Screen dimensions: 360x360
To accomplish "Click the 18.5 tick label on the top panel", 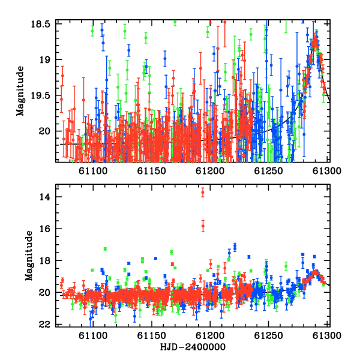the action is (40, 24).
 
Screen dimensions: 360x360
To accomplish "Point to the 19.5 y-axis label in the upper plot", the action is (40, 95).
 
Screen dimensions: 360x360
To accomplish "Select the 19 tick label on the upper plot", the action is (44, 59).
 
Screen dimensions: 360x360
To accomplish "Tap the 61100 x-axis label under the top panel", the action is (93, 171).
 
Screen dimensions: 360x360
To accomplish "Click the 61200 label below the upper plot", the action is (210, 171).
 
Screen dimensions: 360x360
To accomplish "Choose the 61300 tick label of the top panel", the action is (327, 171).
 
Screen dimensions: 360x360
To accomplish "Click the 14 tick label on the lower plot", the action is (44, 197).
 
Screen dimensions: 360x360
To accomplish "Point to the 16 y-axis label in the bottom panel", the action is (44, 229).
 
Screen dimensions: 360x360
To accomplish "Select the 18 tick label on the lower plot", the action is (44, 261).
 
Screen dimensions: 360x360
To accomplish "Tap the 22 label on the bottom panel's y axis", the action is (44, 325).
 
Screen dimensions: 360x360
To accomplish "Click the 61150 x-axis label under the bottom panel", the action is (152, 335).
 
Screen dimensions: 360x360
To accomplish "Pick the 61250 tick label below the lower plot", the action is (268, 335).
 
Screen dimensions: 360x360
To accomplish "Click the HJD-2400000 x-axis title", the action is (193, 347).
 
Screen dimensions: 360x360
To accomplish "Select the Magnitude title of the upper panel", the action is (20, 91).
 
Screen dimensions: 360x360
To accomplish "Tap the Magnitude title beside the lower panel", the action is (29, 256).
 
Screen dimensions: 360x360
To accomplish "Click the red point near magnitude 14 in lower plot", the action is (203, 193).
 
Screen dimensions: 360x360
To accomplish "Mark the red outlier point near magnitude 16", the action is (203, 226).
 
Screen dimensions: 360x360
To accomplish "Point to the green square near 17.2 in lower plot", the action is (105, 249).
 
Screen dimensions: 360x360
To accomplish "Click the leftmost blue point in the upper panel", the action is (86, 134).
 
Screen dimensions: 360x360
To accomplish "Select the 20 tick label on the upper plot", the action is (44, 131).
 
